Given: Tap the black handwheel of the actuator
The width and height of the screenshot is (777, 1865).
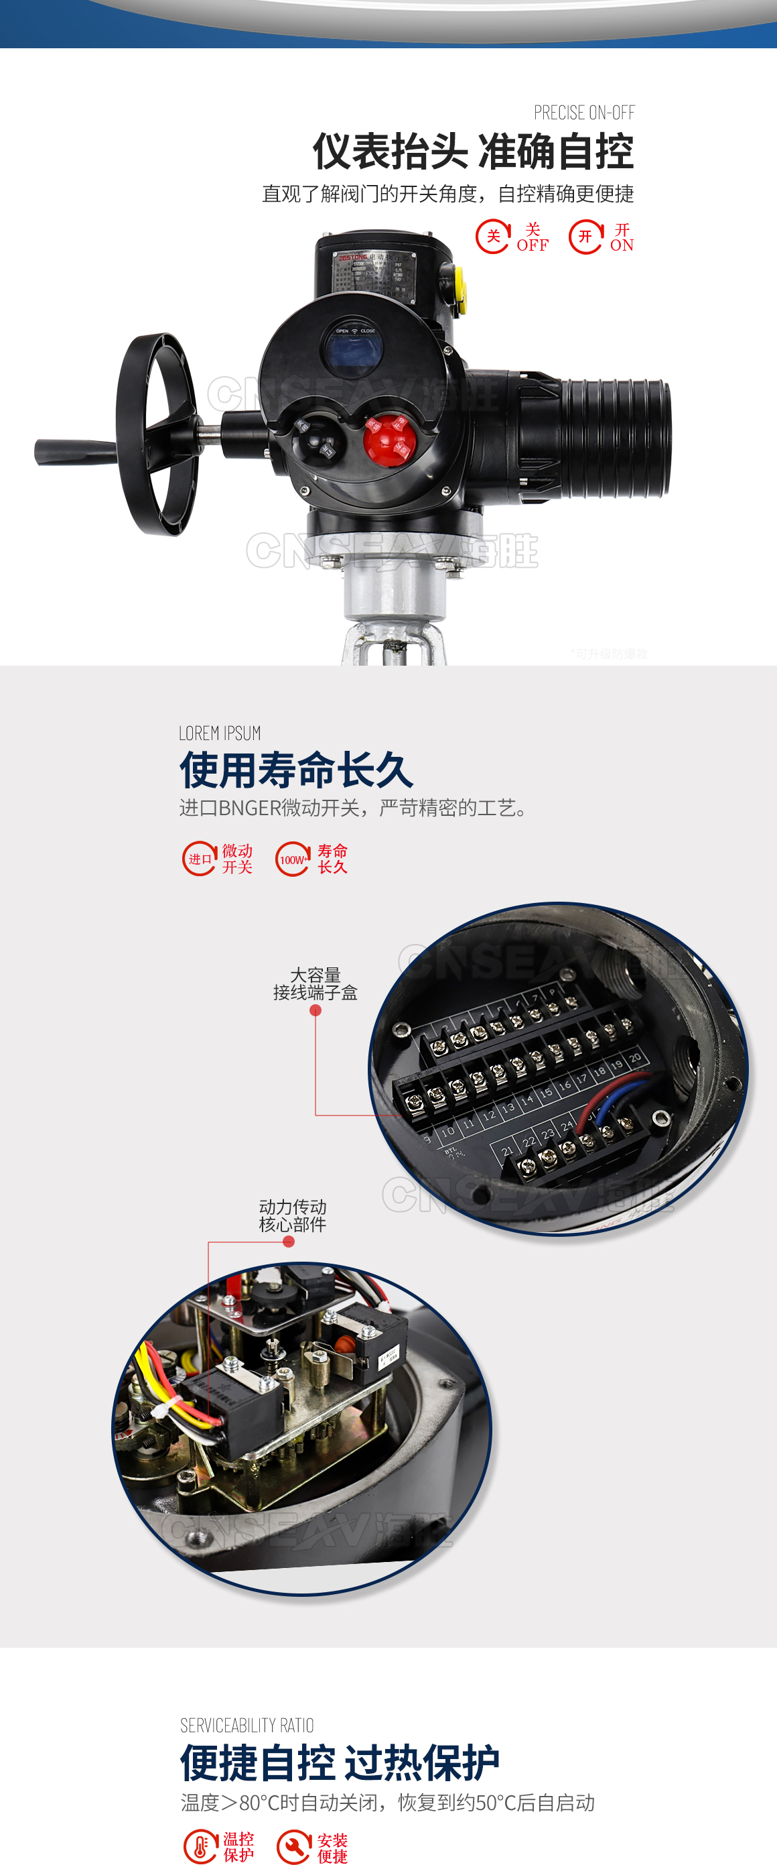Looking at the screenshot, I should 155,434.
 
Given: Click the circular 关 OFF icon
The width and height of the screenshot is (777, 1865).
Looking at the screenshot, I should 493,237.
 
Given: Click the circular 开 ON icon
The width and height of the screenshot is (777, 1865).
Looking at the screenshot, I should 585,237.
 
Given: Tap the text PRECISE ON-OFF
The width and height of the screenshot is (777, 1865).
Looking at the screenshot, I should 584,113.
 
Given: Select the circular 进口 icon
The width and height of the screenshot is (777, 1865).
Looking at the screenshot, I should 199,859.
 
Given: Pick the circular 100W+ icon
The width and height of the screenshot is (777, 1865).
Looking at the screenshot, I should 292,859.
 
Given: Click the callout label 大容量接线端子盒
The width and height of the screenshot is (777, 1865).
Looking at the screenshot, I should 315,984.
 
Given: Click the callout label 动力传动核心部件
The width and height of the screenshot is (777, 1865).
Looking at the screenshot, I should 292,1215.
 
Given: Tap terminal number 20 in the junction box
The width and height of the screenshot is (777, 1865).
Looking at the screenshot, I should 635,1058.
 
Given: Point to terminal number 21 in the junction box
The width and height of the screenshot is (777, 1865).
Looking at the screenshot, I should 507,1150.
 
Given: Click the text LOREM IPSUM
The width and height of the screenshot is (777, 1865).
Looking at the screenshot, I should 220,733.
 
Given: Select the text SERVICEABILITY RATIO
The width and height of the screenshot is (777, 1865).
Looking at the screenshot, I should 246,1726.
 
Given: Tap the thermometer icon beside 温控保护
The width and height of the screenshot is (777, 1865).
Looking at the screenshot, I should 200,1846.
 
